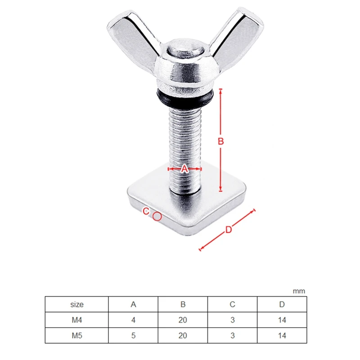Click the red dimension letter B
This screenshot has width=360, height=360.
click(x=221, y=141)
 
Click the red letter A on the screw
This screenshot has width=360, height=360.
click(x=184, y=169)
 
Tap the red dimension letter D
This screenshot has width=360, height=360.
click(x=229, y=229)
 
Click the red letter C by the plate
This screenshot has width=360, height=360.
click(x=146, y=211)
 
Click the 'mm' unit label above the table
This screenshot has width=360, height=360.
click(x=299, y=291)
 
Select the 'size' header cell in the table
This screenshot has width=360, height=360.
click(x=77, y=304)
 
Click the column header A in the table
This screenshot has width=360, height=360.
click(x=133, y=304)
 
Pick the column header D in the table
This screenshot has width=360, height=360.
click(x=282, y=304)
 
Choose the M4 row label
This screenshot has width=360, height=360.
click(x=77, y=320)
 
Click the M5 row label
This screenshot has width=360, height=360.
click(x=77, y=335)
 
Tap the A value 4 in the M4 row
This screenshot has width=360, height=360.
click(x=133, y=320)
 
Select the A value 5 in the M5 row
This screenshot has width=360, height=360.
click(x=133, y=335)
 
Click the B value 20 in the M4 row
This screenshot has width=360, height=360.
click(x=183, y=320)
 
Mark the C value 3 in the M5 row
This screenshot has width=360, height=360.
click(x=232, y=335)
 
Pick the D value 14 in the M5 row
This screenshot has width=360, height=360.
click(x=282, y=335)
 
